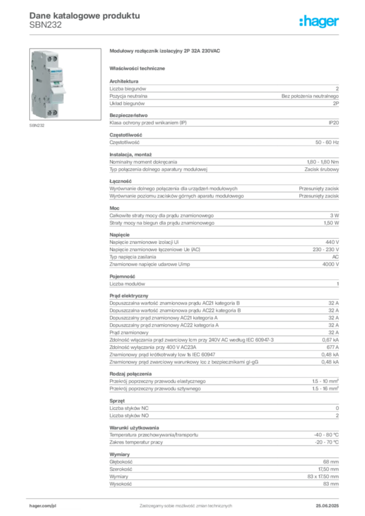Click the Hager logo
(319, 22)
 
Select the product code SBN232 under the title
(45, 25)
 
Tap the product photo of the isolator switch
(65, 84)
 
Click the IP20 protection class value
(333, 123)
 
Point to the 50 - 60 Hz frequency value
(327, 143)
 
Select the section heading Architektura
(124, 81)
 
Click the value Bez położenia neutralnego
(310, 96)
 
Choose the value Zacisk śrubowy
(322, 169)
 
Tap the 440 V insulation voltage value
(332, 242)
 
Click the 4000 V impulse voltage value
(330, 264)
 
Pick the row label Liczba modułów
(127, 284)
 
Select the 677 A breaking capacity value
(333, 347)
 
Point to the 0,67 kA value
(330, 340)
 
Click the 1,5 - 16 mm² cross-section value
(325, 389)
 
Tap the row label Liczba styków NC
(129, 408)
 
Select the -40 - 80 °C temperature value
(326, 435)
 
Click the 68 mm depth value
(331, 462)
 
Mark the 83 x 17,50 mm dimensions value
(323, 477)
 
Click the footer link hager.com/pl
(43, 506)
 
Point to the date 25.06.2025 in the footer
(327, 506)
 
